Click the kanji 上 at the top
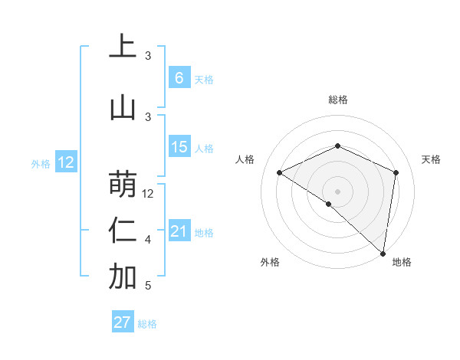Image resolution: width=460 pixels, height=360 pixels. tap(123, 47)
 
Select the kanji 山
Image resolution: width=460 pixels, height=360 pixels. tap(123, 106)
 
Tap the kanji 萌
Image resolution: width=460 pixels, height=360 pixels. tap(123, 183)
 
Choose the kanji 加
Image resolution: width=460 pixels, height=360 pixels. tap(123, 277)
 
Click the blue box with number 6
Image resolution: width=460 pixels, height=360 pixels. tap(179, 78)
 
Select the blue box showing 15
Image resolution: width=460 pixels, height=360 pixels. tap(179, 147)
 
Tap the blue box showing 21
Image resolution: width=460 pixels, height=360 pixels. tap(179, 232)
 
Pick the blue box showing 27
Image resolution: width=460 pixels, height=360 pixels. tap(123, 322)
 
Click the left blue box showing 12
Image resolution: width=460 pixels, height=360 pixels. tap(66, 162)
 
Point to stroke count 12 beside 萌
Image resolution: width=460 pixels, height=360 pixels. tap(149, 194)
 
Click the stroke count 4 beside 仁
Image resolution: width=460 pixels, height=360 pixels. tap(148, 241)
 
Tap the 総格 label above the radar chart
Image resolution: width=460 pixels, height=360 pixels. tap(338, 100)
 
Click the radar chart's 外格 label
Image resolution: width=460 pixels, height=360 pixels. tap(270, 262)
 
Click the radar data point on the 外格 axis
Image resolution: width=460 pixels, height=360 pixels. tap(329, 204)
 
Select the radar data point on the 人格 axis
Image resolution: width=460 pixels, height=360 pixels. tap(280, 172)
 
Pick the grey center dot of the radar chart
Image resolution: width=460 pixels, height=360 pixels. tap(338, 191)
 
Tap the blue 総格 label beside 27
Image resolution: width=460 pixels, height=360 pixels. tap(147, 324)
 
